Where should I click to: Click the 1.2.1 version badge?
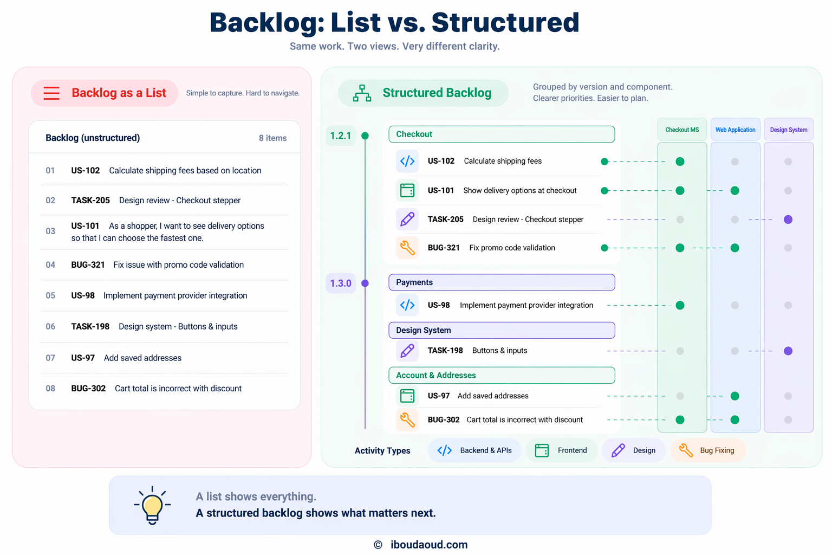(x=341, y=135)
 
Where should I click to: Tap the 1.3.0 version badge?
(x=341, y=283)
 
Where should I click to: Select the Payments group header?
(x=502, y=282)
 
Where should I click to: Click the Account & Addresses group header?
(x=502, y=375)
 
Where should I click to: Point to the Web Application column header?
(x=735, y=130)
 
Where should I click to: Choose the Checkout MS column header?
(x=682, y=130)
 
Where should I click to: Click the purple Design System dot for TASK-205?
(x=788, y=220)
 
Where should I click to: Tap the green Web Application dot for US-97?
(x=734, y=396)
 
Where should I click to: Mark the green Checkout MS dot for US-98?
(x=680, y=306)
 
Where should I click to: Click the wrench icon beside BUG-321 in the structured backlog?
(x=407, y=248)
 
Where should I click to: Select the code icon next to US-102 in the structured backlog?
(x=407, y=161)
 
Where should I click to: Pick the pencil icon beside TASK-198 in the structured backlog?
(x=407, y=351)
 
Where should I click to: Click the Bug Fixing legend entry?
(x=708, y=450)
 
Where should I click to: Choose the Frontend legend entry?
(x=561, y=450)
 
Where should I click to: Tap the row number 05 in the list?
(x=50, y=295)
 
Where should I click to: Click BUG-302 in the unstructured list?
(x=88, y=389)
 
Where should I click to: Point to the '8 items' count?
(x=272, y=138)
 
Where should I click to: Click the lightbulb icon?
(x=152, y=505)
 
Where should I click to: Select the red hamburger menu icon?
(x=51, y=93)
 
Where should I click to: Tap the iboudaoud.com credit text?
(x=428, y=545)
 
